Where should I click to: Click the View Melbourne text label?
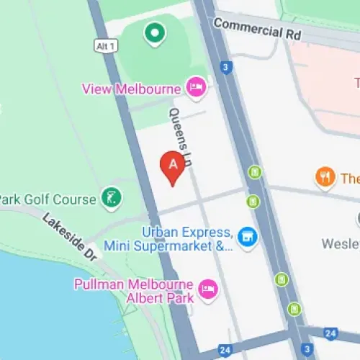click(x=130, y=89)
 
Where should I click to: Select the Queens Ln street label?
click(x=179, y=138)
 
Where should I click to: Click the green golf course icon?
click(x=111, y=198)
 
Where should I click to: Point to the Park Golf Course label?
click(x=48, y=199)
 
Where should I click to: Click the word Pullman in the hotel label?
click(x=99, y=284)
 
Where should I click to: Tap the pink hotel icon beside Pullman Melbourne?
click(x=208, y=289)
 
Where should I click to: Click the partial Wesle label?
click(x=341, y=243)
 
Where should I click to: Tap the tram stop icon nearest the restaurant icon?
click(x=254, y=172)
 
